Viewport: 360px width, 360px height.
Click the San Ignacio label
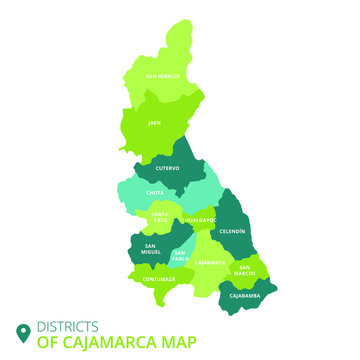tap(163, 75)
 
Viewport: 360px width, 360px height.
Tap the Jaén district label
tap(155, 123)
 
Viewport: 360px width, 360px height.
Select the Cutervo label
tap(167, 168)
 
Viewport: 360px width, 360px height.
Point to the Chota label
tap(155, 193)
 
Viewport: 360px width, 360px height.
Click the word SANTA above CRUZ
tap(160, 213)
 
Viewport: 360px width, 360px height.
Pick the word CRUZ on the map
tap(160, 219)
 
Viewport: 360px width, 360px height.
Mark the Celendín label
tap(233, 231)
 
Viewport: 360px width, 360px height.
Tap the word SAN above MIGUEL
tap(150, 246)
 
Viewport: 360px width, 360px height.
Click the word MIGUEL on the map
tap(151, 252)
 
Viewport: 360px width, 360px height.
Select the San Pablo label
tap(179, 256)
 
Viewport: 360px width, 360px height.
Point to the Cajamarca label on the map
tap(210, 262)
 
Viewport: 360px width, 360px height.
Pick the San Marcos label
tap(245, 268)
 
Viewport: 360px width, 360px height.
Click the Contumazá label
tap(158, 279)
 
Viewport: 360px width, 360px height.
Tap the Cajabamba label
tap(245, 296)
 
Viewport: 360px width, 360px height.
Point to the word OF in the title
tap(46, 342)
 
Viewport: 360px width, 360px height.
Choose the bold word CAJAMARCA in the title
tap(108, 342)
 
